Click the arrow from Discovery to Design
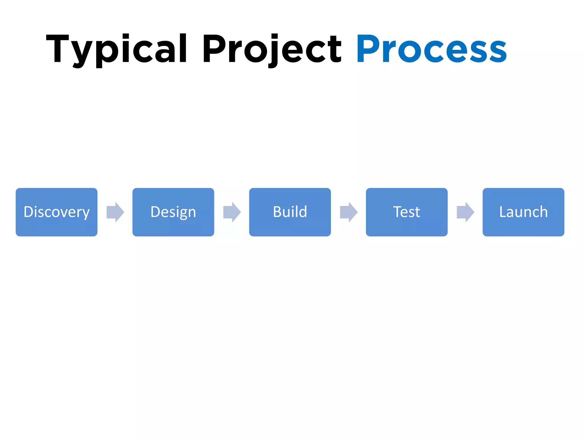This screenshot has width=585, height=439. [115, 212]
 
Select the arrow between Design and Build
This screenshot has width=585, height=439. [232, 212]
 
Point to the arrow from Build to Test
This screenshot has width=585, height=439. [349, 212]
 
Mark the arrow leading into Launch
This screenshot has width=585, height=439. [465, 212]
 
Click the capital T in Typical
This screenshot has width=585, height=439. [57, 49]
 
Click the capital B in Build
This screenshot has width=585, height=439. [277, 212]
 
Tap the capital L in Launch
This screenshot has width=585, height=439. [503, 212]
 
